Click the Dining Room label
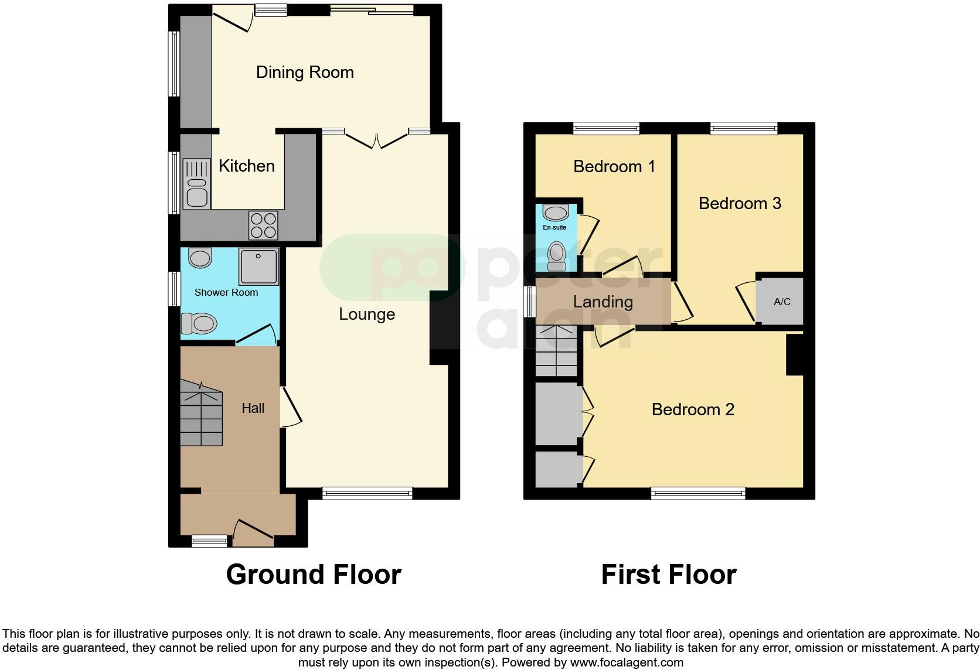click(x=305, y=72)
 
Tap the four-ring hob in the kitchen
click(x=263, y=225)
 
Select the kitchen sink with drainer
click(x=196, y=184)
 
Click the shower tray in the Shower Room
click(x=258, y=266)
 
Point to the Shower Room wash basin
click(x=200, y=258)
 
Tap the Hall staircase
click(x=200, y=413)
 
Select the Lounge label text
click(x=367, y=314)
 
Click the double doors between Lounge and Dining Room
click(x=376, y=139)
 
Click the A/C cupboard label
click(x=782, y=302)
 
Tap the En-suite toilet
click(x=556, y=257)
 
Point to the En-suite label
click(x=554, y=227)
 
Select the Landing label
click(x=603, y=302)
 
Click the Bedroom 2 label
click(x=693, y=409)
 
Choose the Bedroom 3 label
click(x=740, y=203)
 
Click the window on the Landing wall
click(x=529, y=302)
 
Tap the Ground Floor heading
click(x=314, y=575)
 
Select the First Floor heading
click(x=668, y=575)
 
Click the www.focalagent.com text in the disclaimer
click(x=626, y=662)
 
